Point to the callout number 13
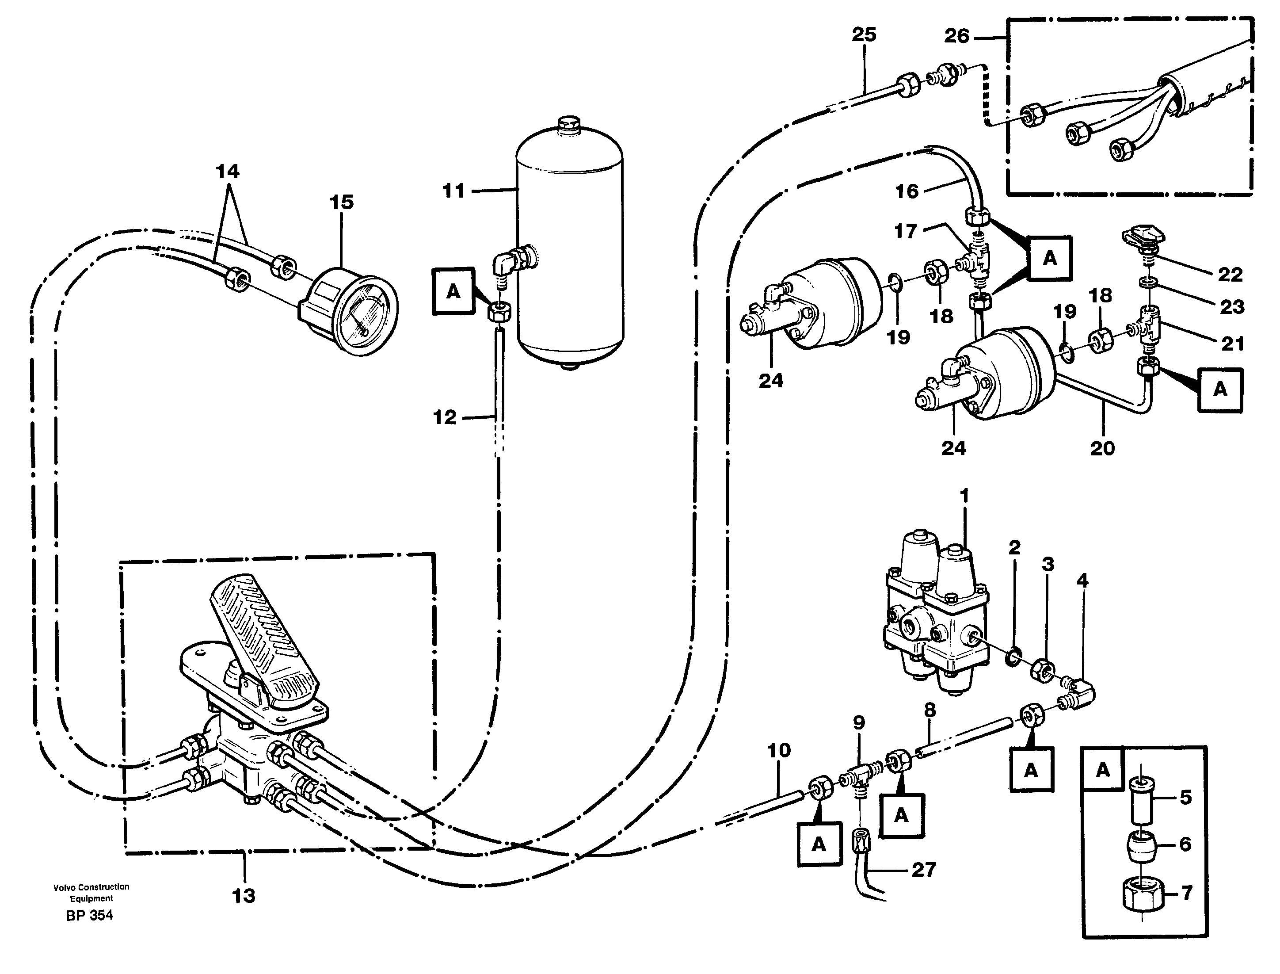[x=244, y=896]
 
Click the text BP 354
[x=89, y=916]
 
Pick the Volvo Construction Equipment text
[x=91, y=892]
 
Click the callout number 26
[x=956, y=36]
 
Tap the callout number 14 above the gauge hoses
[x=227, y=171]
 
